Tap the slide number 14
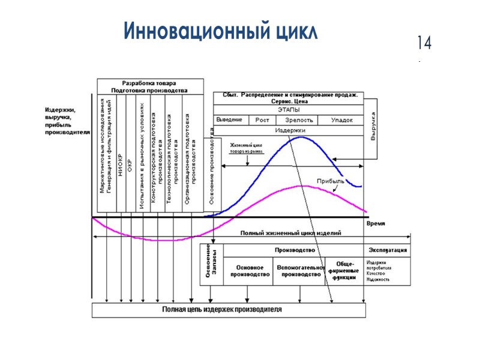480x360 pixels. (x=425, y=43)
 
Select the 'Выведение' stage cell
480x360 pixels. (x=229, y=120)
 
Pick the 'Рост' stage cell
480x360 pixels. (x=262, y=120)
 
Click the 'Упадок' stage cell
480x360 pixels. (x=342, y=120)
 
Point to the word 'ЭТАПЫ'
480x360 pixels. (x=288, y=110)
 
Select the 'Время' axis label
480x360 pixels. (x=376, y=223)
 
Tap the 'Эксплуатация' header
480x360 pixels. (x=388, y=250)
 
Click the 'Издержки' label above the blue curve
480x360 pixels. (x=290, y=130)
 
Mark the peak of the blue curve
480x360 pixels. (x=301, y=137)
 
